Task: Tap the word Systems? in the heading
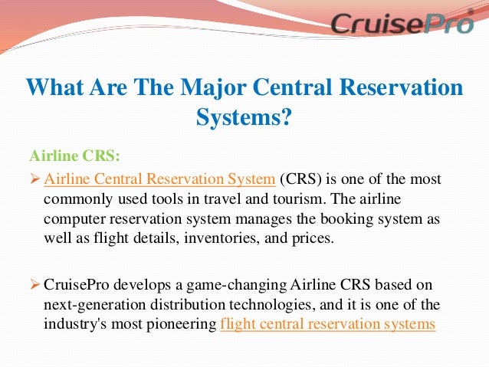coord(244,117)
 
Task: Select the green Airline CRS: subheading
coord(74,156)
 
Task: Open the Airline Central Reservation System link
coord(159,180)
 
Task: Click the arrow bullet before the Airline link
coord(35,181)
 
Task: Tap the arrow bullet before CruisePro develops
coord(35,286)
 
